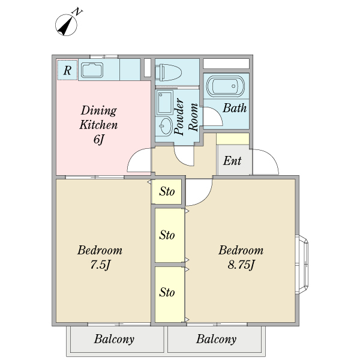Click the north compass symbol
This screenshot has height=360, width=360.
pyautogui.click(x=67, y=25)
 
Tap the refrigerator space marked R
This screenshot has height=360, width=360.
pyautogui.click(x=67, y=70)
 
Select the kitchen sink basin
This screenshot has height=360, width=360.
pyautogui.click(x=92, y=70)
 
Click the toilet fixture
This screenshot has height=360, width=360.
pyautogui.click(x=168, y=73)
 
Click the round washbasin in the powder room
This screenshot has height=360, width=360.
pyautogui.click(x=166, y=126)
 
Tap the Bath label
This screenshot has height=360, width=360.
pyautogui.click(x=235, y=108)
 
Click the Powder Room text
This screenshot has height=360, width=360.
pyautogui.click(x=186, y=117)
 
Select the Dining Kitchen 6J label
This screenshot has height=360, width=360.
pyautogui.click(x=98, y=125)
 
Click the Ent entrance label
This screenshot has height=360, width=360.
pyautogui.click(x=232, y=161)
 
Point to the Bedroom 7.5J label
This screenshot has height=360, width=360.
pyautogui.click(x=100, y=257)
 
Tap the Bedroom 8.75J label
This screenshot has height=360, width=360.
pyautogui.click(x=241, y=257)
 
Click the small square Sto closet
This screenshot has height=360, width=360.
pyautogui.click(x=167, y=191)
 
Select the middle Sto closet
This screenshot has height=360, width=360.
pyautogui.click(x=170, y=235)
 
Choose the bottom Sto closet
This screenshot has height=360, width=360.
pyautogui.click(x=170, y=295)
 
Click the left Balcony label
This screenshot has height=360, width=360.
pyautogui.click(x=114, y=339)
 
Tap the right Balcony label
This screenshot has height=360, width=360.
pyautogui.click(x=216, y=339)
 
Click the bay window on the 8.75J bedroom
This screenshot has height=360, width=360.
pyautogui.click(x=302, y=264)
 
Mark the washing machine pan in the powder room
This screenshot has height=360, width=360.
pyautogui.click(x=165, y=103)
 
